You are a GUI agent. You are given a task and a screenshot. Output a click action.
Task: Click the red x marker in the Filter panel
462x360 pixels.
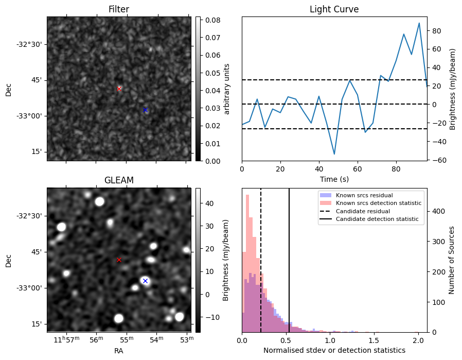click(119, 89)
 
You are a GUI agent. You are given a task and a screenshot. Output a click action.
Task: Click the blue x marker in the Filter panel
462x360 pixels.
click(145, 110)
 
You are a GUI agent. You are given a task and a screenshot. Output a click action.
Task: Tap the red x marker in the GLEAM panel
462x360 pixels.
click(119, 260)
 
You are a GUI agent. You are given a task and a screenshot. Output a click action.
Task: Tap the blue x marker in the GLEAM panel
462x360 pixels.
click(145, 281)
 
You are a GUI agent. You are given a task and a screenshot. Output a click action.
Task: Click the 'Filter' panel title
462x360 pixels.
click(118, 9)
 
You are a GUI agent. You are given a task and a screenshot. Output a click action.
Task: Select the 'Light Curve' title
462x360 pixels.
click(334, 9)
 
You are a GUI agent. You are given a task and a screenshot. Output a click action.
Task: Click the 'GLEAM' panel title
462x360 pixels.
click(118, 180)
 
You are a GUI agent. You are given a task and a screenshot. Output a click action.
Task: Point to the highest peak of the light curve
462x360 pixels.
click(419, 23)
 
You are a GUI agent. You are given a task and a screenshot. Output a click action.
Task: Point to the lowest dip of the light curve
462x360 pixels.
click(334, 154)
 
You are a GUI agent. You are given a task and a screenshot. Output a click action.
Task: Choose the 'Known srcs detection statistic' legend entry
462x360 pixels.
click(378, 203)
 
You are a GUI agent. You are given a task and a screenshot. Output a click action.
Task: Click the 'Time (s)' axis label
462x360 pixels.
click(334, 178)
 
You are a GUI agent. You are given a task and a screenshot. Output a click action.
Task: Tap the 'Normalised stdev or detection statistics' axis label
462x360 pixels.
click(334, 350)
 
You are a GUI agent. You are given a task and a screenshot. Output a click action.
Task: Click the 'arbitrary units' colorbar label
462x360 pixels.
click(227, 89)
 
